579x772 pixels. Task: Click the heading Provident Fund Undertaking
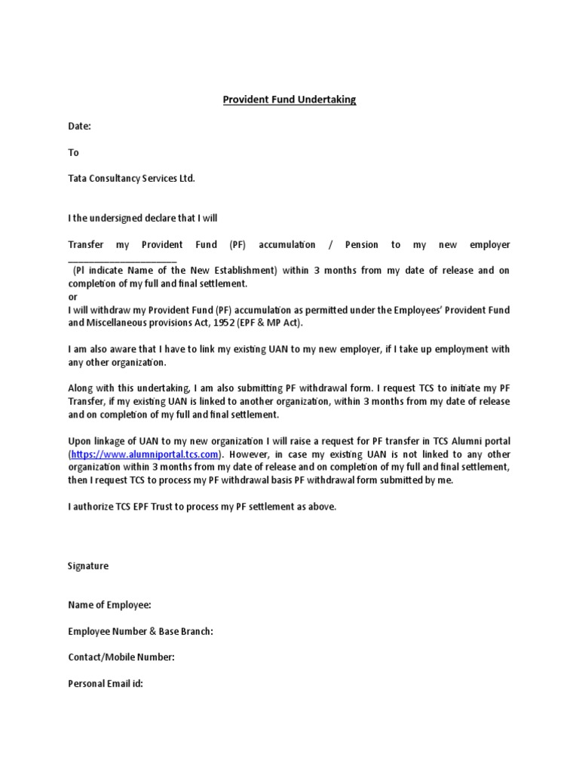(x=289, y=100)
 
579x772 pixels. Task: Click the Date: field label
(x=79, y=127)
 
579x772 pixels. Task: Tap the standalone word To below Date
(x=73, y=152)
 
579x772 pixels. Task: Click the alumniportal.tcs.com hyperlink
(x=146, y=455)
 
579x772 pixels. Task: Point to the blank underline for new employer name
(x=122, y=259)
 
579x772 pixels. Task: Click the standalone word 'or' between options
(x=72, y=297)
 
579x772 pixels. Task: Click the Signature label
(x=88, y=566)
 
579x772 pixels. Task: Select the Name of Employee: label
(x=109, y=605)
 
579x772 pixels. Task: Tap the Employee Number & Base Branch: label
(x=140, y=631)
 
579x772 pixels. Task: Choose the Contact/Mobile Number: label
(x=121, y=657)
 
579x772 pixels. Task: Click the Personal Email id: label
(x=106, y=684)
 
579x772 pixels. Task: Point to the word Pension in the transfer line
(x=361, y=245)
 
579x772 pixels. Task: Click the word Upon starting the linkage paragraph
(x=81, y=441)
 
